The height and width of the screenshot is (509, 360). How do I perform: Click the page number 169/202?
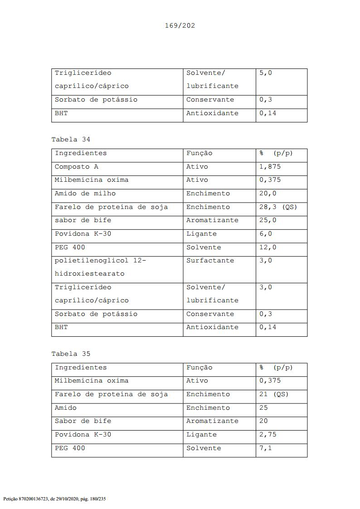[x=180, y=25]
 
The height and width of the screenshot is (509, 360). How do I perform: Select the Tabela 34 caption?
[x=71, y=140]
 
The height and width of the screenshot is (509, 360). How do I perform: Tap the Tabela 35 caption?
[x=71, y=354]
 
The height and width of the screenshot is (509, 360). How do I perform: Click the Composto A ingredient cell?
[x=77, y=167]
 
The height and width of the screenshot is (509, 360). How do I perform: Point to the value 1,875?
[x=270, y=167]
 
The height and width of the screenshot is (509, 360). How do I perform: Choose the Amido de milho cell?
[x=85, y=194]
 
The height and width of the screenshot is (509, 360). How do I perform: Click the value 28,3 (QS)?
[x=278, y=207]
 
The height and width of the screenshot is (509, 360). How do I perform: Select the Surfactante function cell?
[x=210, y=261]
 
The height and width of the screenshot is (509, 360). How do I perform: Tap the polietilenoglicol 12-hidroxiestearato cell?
[x=100, y=267]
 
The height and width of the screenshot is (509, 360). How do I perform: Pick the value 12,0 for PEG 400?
[x=268, y=247]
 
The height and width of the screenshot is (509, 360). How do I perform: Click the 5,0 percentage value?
[x=266, y=73]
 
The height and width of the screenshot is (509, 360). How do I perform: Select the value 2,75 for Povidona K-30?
[x=268, y=435]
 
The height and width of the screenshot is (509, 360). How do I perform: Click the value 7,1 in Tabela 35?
[x=266, y=448]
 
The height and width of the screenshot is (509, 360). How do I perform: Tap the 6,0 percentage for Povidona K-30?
[x=266, y=234]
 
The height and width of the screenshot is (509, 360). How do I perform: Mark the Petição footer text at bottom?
[x=54, y=499]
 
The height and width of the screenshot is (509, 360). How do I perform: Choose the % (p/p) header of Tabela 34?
[x=276, y=153]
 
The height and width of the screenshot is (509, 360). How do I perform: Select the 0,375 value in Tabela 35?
[x=270, y=381]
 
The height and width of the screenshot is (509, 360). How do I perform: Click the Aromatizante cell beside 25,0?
[x=212, y=220]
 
